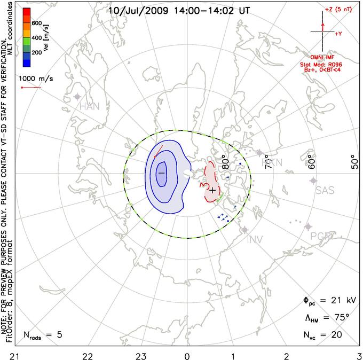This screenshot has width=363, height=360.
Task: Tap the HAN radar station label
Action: (x=90, y=106)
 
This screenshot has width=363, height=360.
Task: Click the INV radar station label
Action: (x=255, y=239)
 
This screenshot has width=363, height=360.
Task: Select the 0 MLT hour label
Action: (x=187, y=355)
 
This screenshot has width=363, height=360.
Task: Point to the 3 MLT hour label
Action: (x=358, y=355)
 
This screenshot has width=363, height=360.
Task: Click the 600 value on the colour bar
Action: (x=36, y=24)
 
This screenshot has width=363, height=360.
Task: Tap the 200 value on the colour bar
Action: (x=36, y=53)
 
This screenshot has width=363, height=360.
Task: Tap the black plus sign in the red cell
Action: (x=212, y=190)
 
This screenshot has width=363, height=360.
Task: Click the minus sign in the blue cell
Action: (x=161, y=174)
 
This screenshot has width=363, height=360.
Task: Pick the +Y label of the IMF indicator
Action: (x=338, y=33)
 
